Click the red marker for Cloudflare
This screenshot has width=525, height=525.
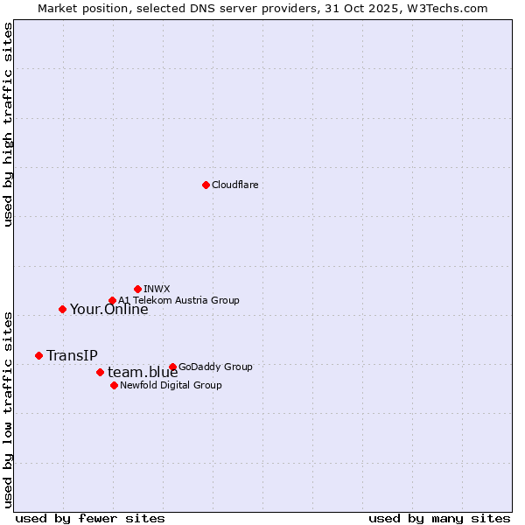point(206,185)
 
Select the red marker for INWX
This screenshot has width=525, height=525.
point(137,289)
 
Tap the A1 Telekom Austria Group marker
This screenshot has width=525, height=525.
point(112,301)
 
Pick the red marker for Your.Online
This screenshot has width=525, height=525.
point(62,309)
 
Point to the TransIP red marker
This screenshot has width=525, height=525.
point(38,355)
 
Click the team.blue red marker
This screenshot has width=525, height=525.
point(100,372)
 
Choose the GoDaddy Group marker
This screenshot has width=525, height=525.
point(172,367)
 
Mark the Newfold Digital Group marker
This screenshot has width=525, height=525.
point(114,385)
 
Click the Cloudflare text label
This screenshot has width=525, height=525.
point(234,185)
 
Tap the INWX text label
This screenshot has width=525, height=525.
point(157,289)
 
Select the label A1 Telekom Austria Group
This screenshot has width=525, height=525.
point(178,300)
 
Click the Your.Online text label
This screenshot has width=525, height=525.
point(108,309)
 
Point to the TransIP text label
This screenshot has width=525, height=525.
point(72,355)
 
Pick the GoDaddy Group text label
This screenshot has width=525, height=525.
point(214,367)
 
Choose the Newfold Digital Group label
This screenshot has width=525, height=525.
point(171,385)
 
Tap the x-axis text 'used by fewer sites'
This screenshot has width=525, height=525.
point(90,518)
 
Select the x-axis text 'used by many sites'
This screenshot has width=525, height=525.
point(439,518)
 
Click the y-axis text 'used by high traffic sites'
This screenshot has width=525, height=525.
point(8,125)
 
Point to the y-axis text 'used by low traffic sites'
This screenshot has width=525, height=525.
point(8,409)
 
